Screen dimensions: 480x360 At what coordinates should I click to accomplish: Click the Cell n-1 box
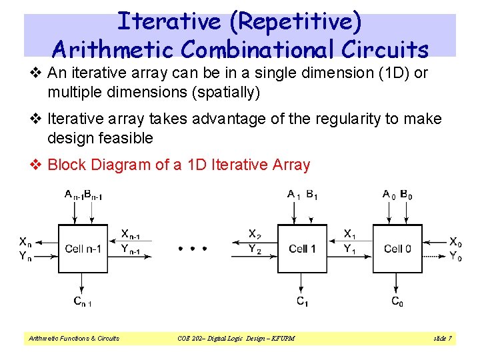click(83, 249)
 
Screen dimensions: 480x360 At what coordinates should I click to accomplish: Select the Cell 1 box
click(302, 249)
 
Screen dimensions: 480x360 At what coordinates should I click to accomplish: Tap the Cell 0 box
click(397, 249)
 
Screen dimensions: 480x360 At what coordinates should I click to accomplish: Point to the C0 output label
click(397, 302)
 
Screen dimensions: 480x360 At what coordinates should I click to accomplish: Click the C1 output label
click(302, 302)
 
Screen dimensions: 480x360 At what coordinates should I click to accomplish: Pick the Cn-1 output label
click(83, 302)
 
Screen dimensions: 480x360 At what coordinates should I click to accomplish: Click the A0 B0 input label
click(397, 195)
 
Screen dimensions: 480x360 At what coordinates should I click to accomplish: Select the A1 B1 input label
click(302, 195)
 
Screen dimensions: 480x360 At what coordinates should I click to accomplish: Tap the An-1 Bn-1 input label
click(83, 195)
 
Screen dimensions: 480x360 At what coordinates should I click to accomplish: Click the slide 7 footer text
click(443, 339)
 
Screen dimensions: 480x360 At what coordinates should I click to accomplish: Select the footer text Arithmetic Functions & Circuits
click(73, 339)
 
